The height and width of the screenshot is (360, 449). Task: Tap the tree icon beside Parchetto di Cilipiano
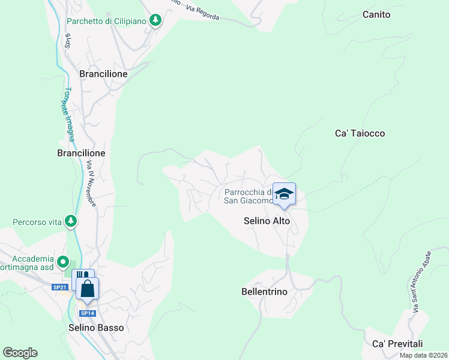pyautogui.click(x=156, y=20)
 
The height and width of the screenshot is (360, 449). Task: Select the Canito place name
pyautogui.click(x=376, y=14)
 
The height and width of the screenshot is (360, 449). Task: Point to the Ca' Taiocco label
pyautogui.click(x=360, y=133)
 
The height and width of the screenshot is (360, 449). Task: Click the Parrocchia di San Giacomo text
pyautogui.click(x=249, y=197)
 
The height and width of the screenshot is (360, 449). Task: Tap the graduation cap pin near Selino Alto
pyautogui.click(x=284, y=194)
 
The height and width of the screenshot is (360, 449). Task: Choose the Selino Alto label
pyautogui.click(x=267, y=221)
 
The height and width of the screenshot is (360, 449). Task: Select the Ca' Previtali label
pyautogui.click(x=397, y=344)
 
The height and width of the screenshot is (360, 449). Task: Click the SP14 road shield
pyautogui.click(x=88, y=313)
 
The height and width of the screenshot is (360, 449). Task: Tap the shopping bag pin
pyautogui.click(x=88, y=289)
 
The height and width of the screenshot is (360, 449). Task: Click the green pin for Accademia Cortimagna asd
pyautogui.click(x=63, y=262)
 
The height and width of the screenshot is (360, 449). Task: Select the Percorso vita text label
pyautogui.click(x=37, y=222)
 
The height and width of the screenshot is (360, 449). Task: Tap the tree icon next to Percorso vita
pyautogui.click(x=71, y=221)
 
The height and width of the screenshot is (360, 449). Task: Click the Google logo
pyautogui.click(x=20, y=353)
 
